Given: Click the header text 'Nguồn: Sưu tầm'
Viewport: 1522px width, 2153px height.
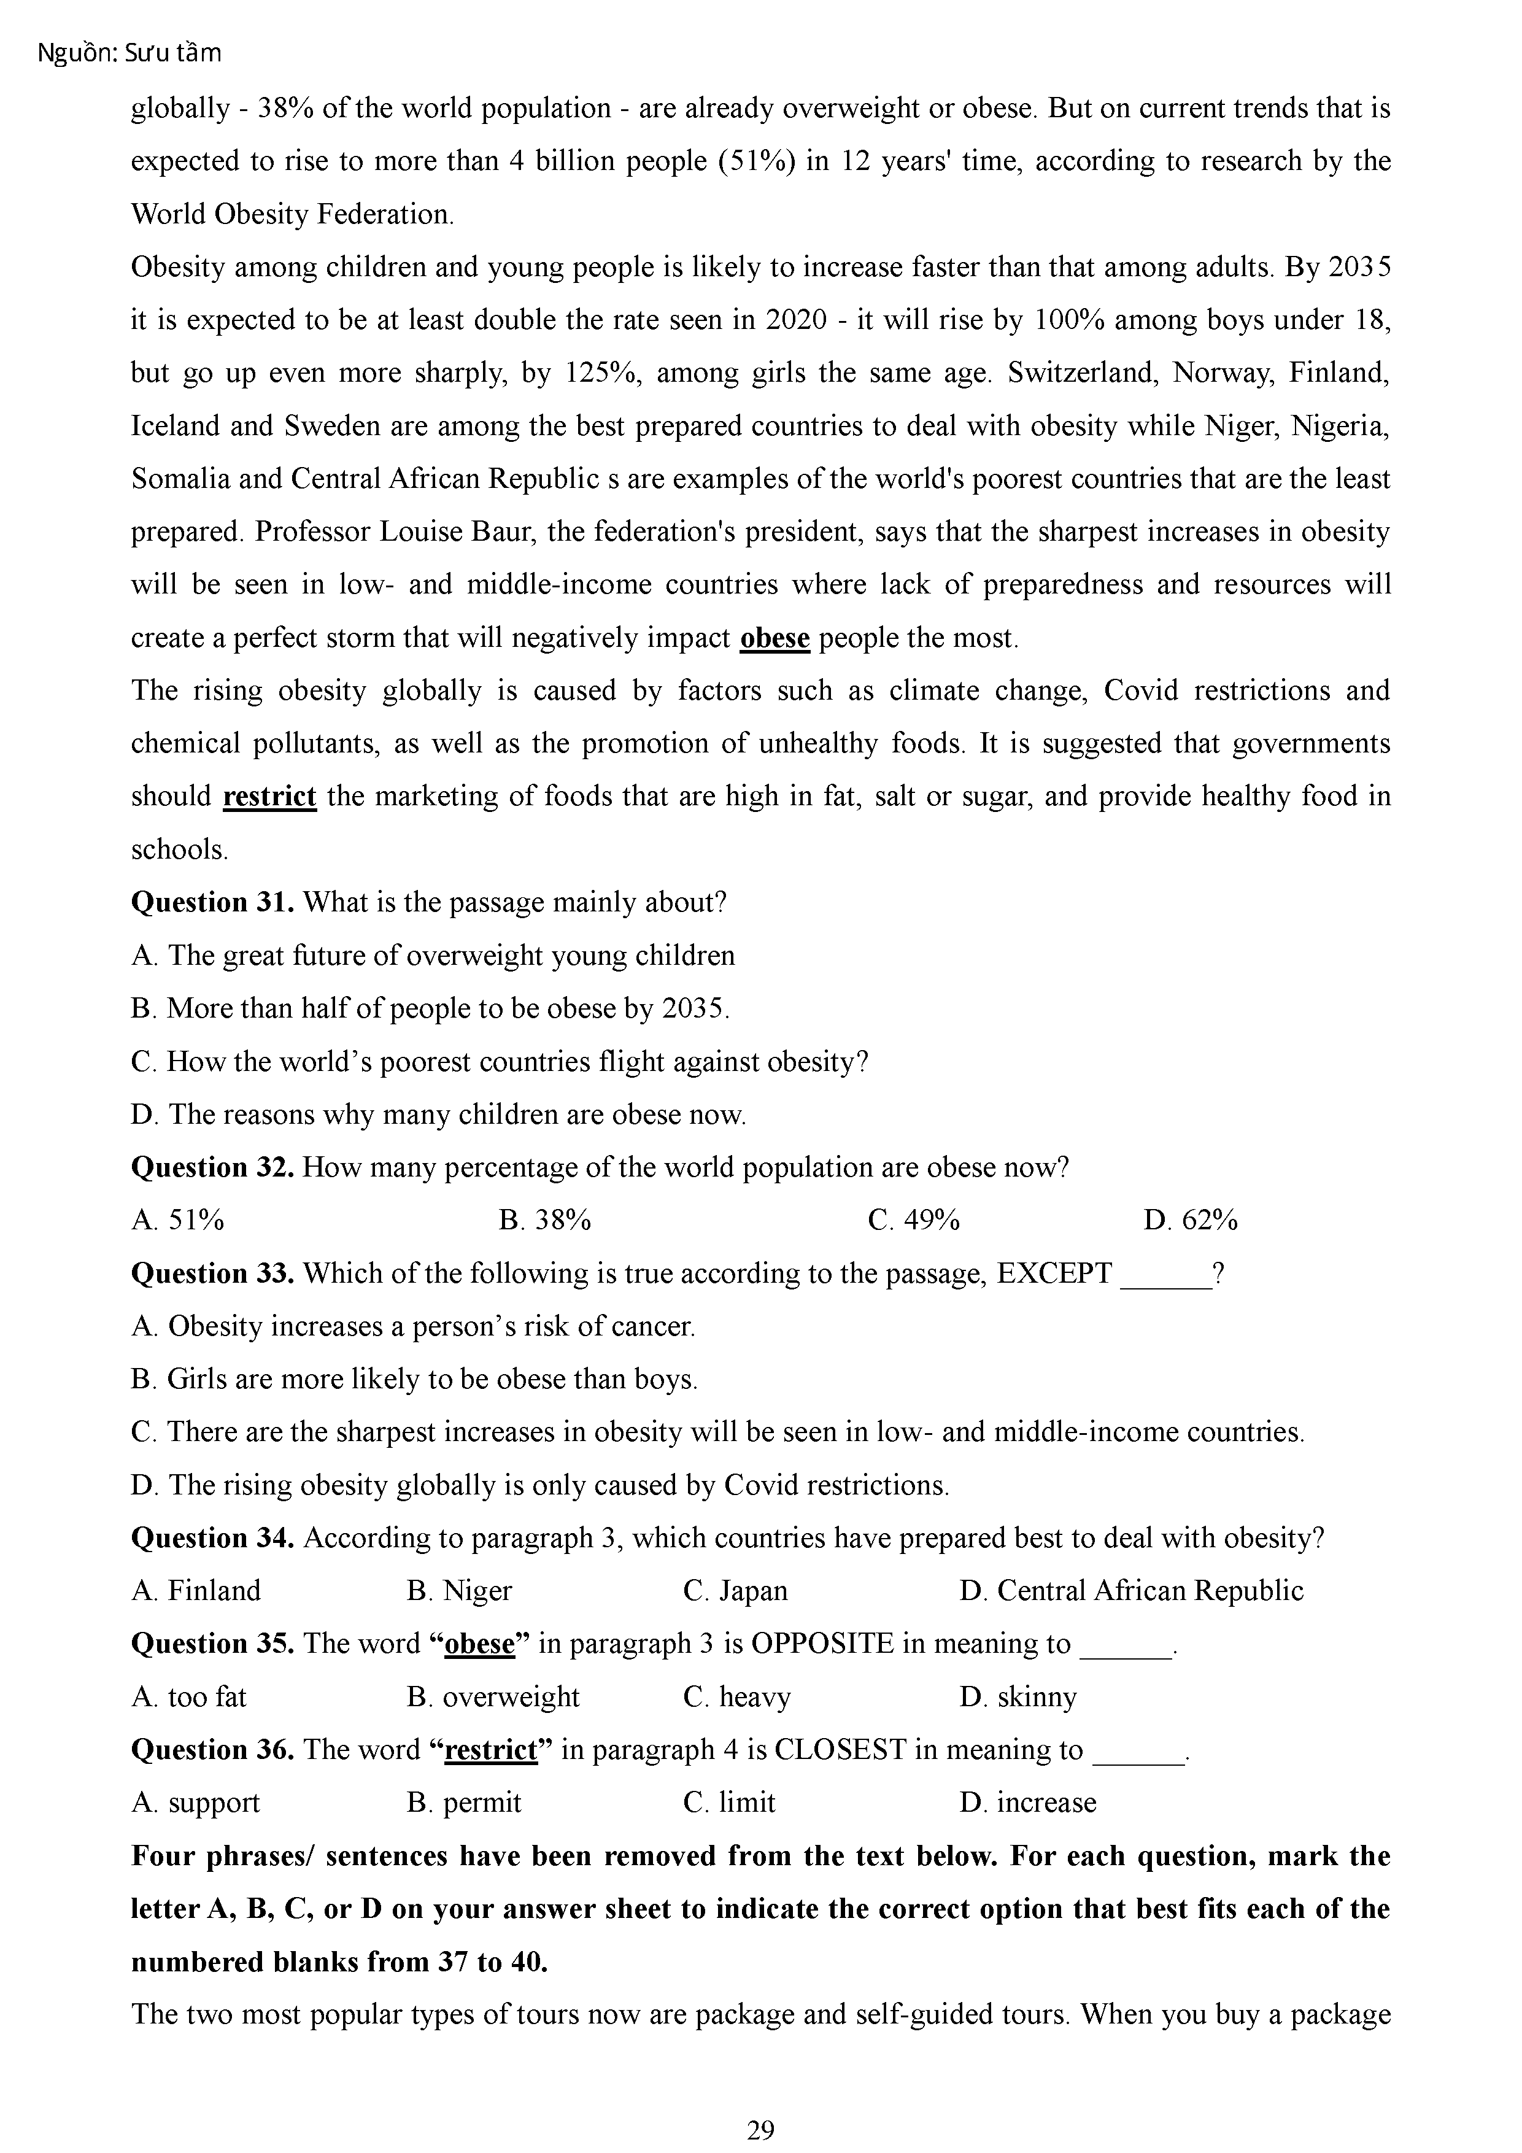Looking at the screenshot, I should click(129, 53).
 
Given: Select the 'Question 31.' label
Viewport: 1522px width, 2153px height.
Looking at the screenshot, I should click(213, 902).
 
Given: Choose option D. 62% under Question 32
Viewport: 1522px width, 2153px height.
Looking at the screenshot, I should click(1190, 1220).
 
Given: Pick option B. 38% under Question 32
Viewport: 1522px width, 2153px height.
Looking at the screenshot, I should click(545, 1220).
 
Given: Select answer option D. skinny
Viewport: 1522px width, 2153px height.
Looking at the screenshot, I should click(1018, 1696).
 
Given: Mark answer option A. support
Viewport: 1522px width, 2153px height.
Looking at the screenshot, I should click(195, 1803).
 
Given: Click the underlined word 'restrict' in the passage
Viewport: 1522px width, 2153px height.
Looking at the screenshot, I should click(269, 796).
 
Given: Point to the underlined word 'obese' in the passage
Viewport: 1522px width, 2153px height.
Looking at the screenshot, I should click(775, 638).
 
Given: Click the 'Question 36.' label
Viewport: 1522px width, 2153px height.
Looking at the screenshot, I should click(213, 1750).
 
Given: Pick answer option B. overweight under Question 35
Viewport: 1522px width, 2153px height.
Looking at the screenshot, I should click(493, 1696).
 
